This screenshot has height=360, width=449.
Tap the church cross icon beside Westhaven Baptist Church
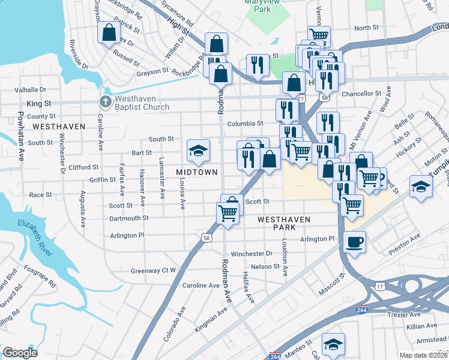click(105, 102)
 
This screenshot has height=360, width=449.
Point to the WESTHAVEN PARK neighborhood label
click(284, 220)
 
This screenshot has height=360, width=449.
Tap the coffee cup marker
click(354, 242)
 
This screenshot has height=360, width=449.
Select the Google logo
click(20, 353)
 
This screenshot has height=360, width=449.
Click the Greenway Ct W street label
click(153, 271)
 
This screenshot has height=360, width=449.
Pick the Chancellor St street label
click(361, 94)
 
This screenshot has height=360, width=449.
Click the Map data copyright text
click(424, 355)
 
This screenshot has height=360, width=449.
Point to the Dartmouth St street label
click(128, 218)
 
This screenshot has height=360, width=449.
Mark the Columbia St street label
click(245, 124)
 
